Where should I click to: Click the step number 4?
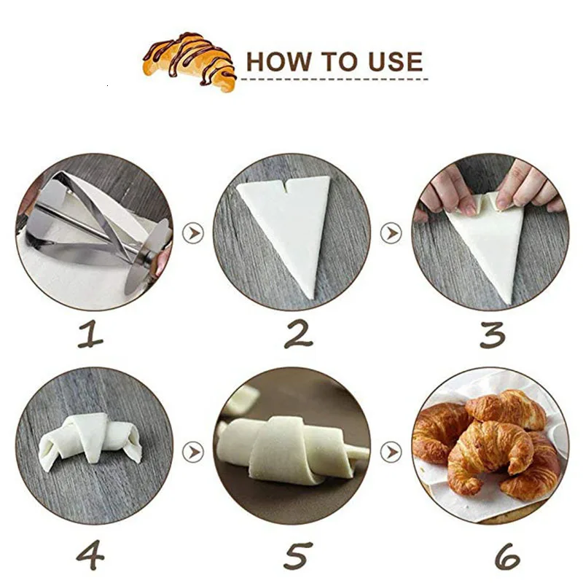90,555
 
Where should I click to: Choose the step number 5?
298,555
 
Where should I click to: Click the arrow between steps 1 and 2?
194,234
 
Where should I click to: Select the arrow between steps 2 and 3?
391,234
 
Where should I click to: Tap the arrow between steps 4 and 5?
193,452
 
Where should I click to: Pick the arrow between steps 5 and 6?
391,452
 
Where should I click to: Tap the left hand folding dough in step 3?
445,189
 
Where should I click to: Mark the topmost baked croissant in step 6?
510,408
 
